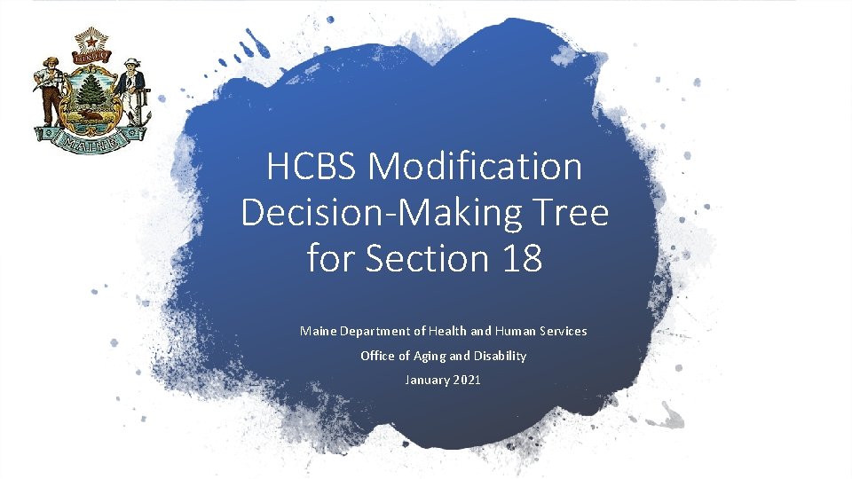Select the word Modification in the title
476,167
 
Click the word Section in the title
424,259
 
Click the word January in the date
427,380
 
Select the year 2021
468,380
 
